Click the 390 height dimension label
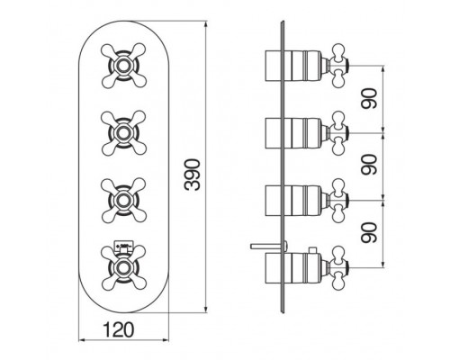point(193,175)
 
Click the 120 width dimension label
point(118,329)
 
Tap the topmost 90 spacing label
point(369,98)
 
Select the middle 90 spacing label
point(369,165)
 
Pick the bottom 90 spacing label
point(369,232)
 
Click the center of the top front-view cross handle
point(123,66)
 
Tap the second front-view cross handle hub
point(123,133)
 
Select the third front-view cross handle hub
point(123,201)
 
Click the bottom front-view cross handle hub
point(123,267)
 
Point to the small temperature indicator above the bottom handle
point(123,247)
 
